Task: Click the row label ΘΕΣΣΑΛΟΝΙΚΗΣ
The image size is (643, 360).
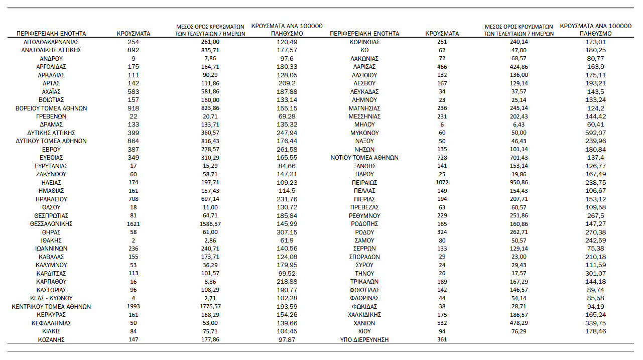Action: [51, 224]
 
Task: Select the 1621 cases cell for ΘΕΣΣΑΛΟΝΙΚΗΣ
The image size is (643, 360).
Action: [133, 224]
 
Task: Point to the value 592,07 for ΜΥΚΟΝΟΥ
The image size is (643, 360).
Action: [595, 133]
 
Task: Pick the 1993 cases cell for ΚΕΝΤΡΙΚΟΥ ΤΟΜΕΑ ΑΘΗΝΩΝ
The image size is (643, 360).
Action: [133, 307]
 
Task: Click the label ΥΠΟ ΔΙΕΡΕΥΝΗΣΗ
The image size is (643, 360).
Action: [364, 340]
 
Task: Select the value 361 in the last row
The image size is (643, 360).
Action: [442, 340]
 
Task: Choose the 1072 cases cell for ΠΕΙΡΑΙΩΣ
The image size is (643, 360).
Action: [442, 183]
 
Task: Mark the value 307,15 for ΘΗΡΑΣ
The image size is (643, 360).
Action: [287, 232]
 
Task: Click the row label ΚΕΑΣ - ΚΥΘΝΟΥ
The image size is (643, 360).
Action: [51, 298]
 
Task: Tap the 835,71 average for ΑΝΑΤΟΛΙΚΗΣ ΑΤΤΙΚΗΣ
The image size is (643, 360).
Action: [210, 50]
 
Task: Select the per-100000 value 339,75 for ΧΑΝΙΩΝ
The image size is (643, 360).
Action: [595, 323]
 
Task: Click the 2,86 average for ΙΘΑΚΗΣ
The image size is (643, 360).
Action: [210, 241]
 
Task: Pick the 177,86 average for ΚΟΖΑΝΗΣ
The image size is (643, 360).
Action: [210, 340]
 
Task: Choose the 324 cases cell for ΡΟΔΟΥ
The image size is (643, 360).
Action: [442, 232]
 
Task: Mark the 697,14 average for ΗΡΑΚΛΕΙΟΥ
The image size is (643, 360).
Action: [210, 199]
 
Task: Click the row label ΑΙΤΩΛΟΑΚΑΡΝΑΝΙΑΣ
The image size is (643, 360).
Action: [51, 42]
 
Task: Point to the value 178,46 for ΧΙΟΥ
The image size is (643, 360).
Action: [595, 331]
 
